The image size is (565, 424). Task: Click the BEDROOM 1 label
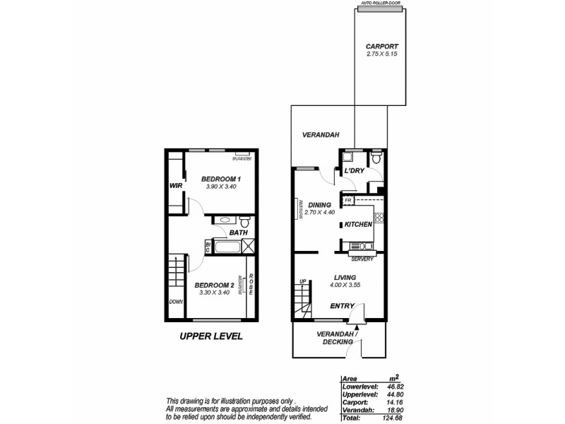coord(221,179)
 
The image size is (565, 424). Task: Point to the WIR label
coord(176,186)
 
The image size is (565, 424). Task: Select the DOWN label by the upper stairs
coord(175,302)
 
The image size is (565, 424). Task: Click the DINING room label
coord(319,205)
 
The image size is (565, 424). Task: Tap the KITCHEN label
coord(358,225)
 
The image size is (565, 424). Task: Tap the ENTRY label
coord(343,306)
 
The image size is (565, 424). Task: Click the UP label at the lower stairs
coord(304,281)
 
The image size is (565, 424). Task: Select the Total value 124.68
coord(393,419)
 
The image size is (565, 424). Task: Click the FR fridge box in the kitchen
coord(347,201)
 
